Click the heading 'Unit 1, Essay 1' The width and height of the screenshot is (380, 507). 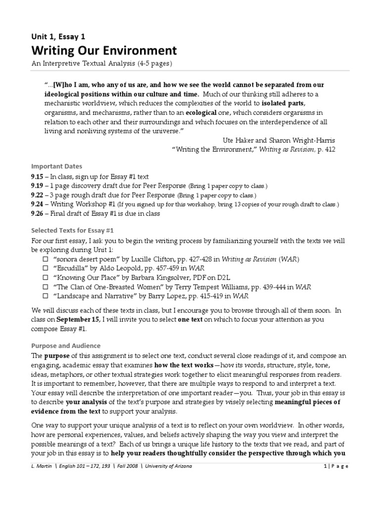point(58,36)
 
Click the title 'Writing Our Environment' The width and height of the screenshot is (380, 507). point(104,51)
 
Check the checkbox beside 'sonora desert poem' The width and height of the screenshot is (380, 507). point(45,259)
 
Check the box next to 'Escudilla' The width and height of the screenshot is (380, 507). point(45,269)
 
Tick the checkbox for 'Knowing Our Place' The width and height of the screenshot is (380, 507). point(45,278)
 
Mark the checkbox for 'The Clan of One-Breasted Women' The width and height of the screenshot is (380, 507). point(45,287)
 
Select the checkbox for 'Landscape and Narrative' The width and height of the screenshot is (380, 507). point(45,297)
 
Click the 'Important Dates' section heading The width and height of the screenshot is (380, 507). point(56,166)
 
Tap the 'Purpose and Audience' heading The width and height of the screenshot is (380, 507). point(66,346)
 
